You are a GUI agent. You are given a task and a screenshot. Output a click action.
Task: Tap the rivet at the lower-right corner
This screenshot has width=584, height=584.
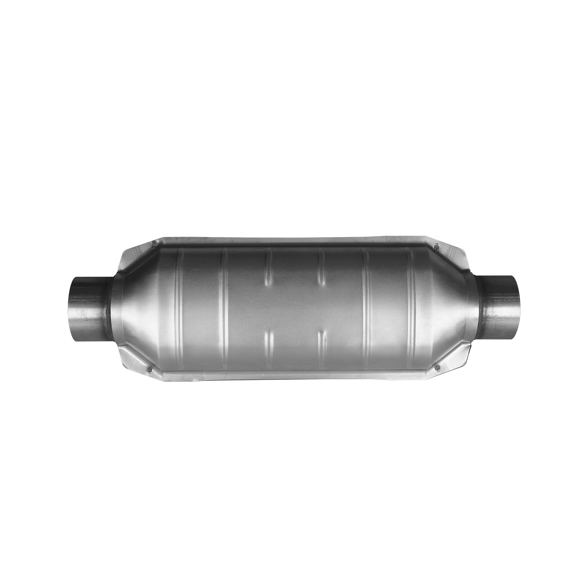tap(436, 367)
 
